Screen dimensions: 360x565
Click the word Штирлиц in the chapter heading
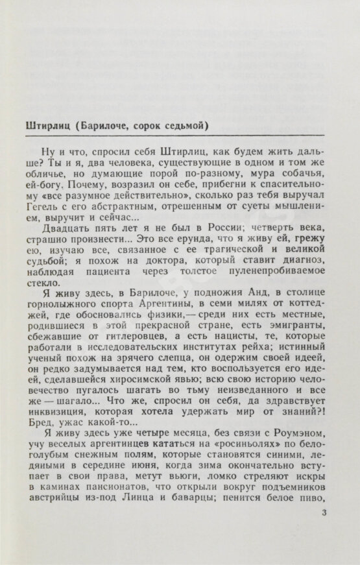click(x=43, y=125)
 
